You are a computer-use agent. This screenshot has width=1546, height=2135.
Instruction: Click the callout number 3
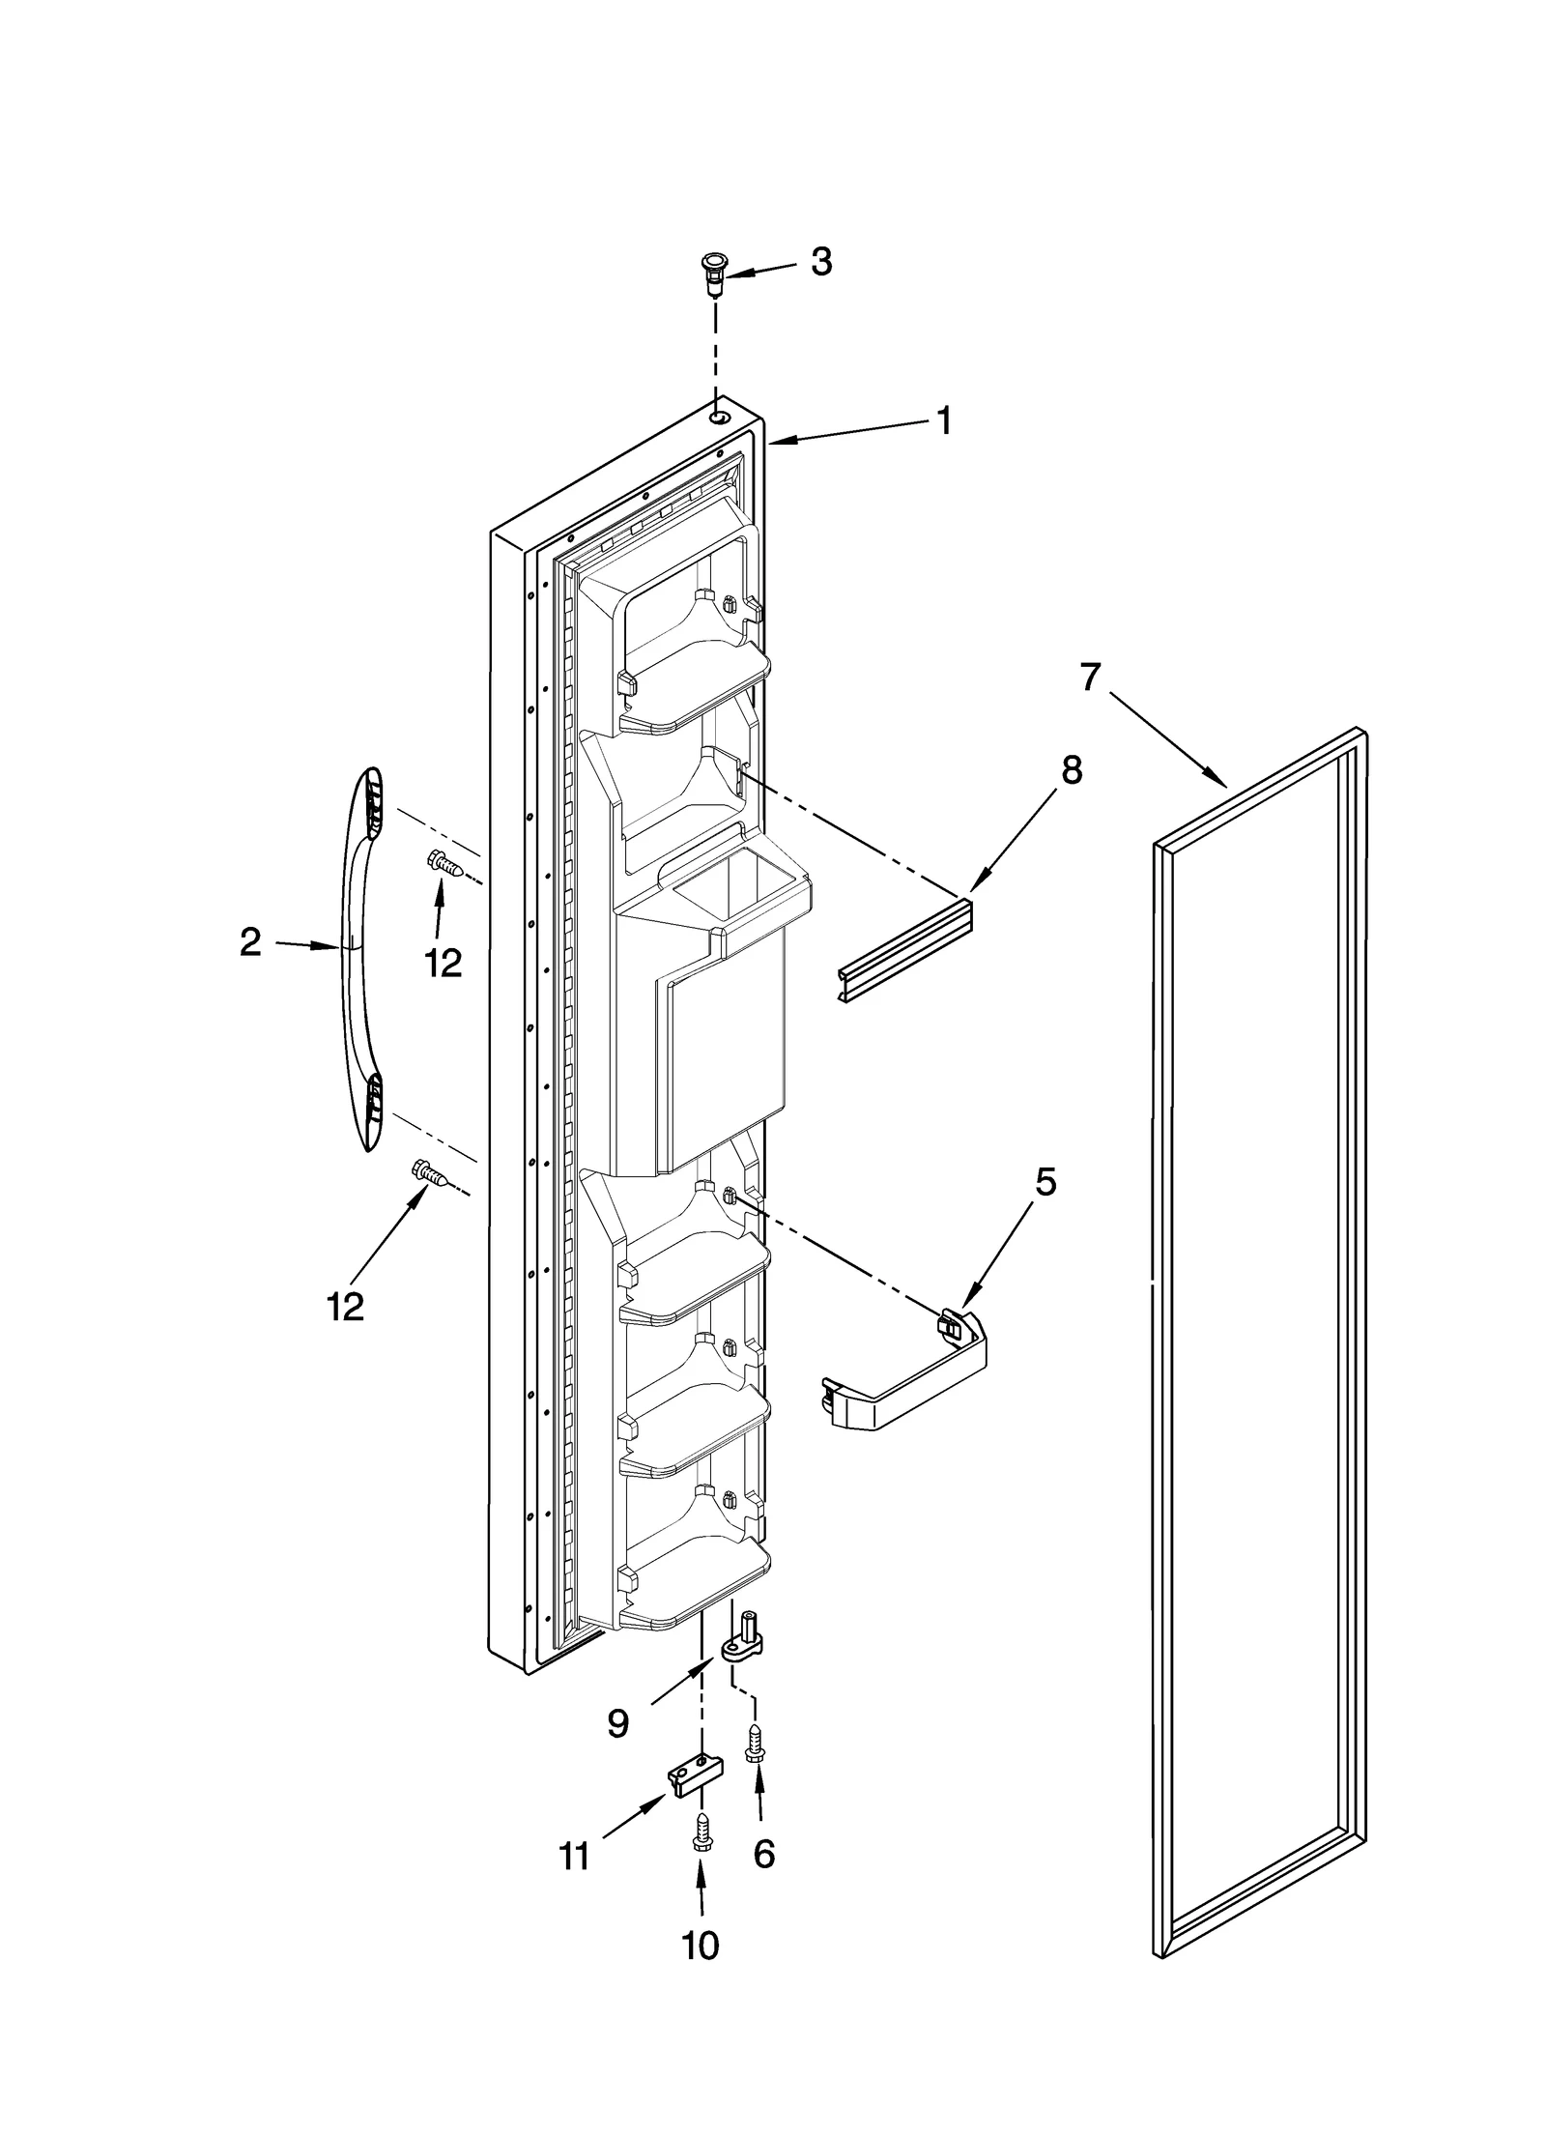(820, 262)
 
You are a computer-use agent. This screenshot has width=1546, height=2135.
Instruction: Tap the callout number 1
(943, 420)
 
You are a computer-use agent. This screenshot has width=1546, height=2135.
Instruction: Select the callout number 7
(1090, 678)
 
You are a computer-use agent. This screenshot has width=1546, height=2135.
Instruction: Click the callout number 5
(1045, 1182)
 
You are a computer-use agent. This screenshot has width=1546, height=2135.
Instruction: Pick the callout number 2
(250, 942)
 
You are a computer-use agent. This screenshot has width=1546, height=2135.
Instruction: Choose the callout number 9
(619, 1722)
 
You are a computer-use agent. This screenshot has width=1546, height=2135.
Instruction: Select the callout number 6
(763, 1853)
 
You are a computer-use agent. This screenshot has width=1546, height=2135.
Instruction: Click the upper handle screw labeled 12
(445, 862)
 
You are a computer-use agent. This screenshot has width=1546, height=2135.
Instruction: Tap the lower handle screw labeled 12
(431, 1175)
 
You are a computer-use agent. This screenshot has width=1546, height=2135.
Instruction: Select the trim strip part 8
(904, 952)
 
